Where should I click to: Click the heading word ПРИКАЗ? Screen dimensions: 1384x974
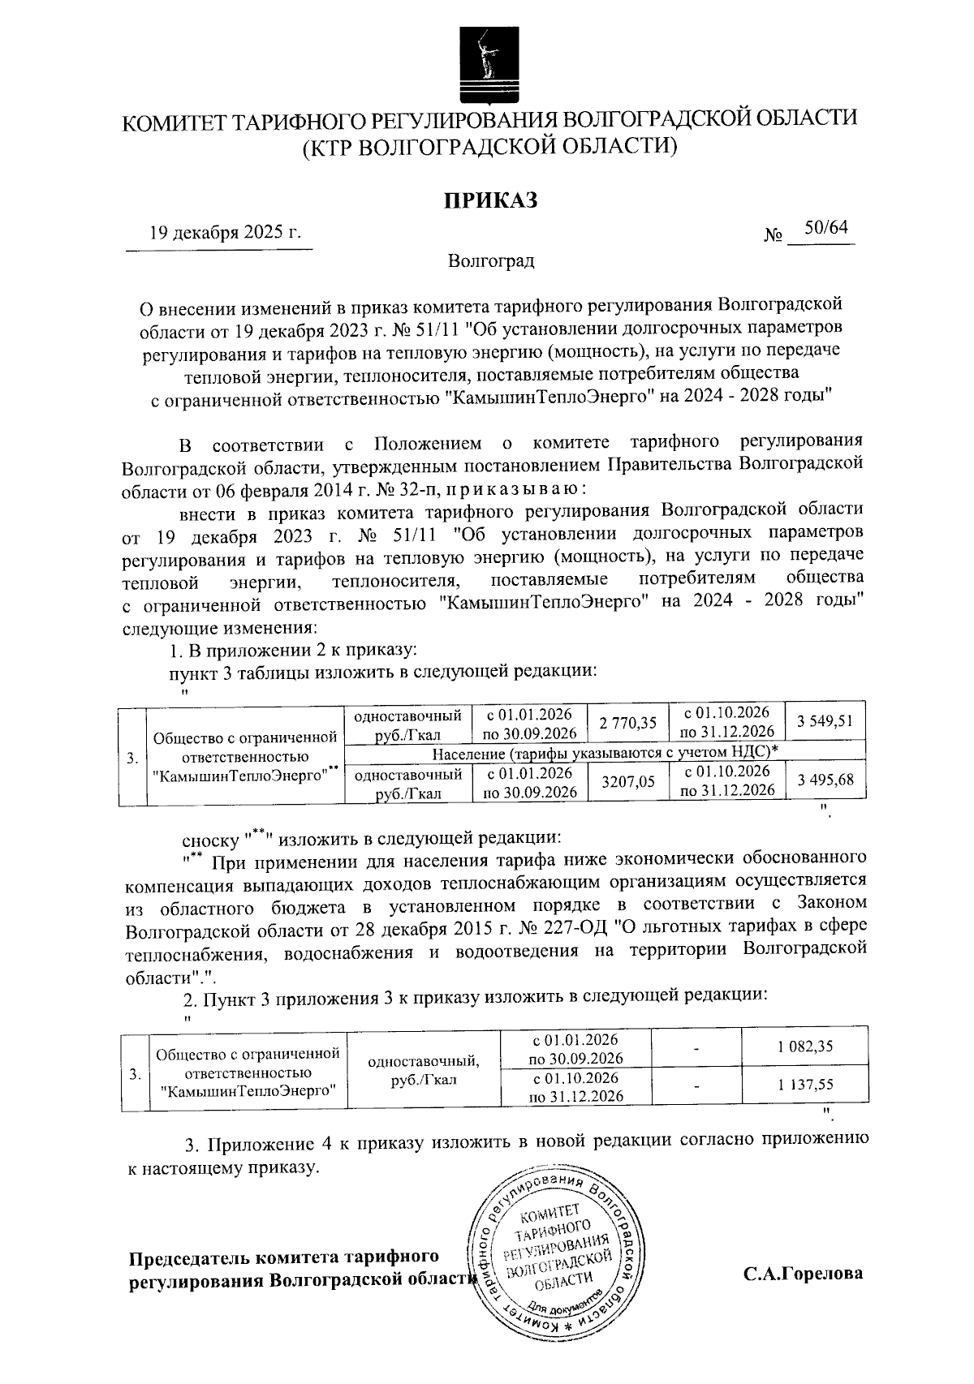click(x=490, y=200)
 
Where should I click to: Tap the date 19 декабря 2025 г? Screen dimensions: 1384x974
click(x=225, y=234)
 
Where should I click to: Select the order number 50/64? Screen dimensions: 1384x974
click(x=825, y=230)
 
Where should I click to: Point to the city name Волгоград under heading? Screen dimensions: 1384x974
click(x=490, y=261)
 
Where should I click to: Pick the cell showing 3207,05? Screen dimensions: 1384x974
click(x=627, y=783)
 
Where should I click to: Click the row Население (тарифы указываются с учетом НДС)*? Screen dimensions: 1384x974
click(x=605, y=752)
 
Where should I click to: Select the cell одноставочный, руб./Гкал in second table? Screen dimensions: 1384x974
click(x=423, y=1070)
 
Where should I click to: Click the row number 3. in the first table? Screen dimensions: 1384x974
click(x=131, y=759)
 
